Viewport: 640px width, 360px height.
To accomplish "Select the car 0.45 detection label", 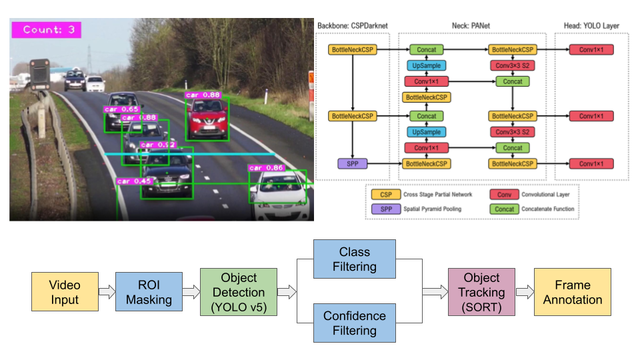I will coord(133,181).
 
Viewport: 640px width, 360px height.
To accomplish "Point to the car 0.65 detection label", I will coord(121,109).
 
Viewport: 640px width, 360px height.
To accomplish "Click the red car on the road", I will coord(207,122).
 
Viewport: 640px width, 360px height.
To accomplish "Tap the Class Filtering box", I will coord(354,259).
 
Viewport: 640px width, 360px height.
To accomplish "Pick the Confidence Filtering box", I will coord(354,323).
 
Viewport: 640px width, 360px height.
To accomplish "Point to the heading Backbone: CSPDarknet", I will coord(353,26).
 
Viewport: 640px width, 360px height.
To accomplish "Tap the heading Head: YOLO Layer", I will coord(591,26).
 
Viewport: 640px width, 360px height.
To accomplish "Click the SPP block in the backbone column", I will coord(353,163).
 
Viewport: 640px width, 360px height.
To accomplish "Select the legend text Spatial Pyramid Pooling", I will coord(433,209).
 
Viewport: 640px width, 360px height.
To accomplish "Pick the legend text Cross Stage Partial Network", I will coord(437,195).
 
